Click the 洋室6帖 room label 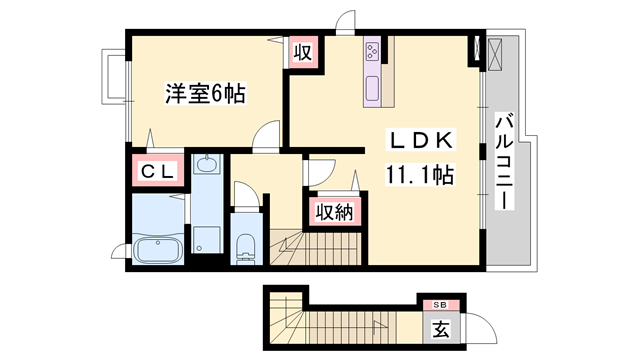206,96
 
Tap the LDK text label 420,141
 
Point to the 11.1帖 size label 420,177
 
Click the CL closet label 157,172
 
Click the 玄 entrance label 440,326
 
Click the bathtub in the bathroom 157,251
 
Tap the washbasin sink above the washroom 208,165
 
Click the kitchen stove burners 372,51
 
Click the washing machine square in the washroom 207,239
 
